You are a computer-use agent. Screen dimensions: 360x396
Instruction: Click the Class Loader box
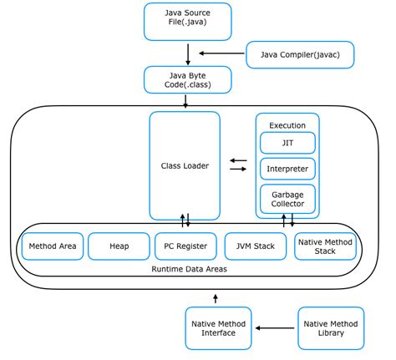click(x=185, y=165)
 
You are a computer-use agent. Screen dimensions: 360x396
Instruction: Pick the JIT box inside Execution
click(x=287, y=143)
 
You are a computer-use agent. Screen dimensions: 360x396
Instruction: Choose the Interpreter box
click(x=287, y=169)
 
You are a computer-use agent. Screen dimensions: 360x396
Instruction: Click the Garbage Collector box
click(x=287, y=199)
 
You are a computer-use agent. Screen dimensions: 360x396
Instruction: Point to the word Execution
click(x=287, y=124)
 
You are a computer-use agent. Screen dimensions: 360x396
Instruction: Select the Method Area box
click(x=52, y=246)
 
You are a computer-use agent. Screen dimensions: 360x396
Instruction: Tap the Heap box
click(x=119, y=246)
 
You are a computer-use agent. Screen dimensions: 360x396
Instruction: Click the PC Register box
click(x=185, y=246)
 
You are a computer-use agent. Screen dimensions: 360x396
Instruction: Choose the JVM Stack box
click(x=255, y=246)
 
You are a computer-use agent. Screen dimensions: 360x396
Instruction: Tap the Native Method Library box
click(x=332, y=327)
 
